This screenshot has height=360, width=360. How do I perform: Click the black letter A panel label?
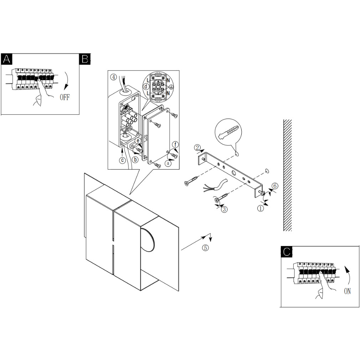[x=6, y=59]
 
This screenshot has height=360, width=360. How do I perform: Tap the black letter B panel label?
[x=85, y=59]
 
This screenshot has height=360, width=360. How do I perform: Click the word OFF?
[x=65, y=97]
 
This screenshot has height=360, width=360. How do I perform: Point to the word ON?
[x=348, y=291]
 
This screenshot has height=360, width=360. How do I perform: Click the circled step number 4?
[x=114, y=77]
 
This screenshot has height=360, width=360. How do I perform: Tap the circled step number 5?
[x=205, y=248]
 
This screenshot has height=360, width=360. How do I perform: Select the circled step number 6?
[x=275, y=186]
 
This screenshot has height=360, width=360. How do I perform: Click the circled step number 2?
[x=197, y=148]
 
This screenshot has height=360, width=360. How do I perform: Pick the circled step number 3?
[x=224, y=209]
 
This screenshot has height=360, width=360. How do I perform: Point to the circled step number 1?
[x=260, y=208]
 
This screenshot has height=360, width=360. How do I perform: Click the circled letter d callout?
[x=146, y=87]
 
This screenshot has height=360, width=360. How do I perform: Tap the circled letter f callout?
[x=175, y=145]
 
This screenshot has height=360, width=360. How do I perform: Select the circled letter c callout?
[x=123, y=160]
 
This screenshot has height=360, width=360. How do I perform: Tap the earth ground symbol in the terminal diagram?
[x=171, y=87]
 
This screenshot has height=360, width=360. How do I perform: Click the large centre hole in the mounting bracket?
[x=233, y=172]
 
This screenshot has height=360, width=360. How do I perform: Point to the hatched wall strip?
[x=287, y=175]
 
